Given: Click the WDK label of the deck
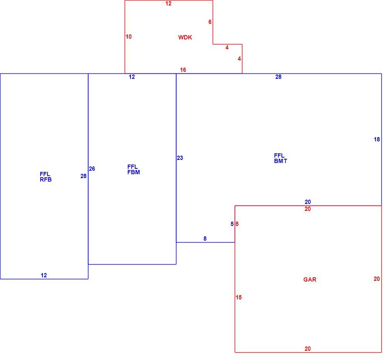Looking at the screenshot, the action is pos(185,37).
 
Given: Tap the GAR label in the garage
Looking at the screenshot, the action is pos(310,279).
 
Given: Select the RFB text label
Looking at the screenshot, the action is pos(46,180).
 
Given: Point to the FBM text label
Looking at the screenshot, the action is pos(134,172).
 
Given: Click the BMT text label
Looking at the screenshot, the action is pos(280,161).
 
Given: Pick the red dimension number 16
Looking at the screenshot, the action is pos(183,70).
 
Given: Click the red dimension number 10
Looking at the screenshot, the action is pos(129,37).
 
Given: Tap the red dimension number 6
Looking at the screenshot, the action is pos(210,22).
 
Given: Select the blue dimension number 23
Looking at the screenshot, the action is pos(180,158).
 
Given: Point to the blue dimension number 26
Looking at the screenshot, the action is pos(92,169).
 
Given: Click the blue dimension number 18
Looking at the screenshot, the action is pos(377,139).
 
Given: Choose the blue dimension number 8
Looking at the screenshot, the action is pos(205,239).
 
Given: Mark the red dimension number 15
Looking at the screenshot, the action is pos(239,297).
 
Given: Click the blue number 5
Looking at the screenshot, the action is pos(232,224).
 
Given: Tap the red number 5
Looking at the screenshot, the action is pos(237,224).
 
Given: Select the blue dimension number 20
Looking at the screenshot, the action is pos(308,202).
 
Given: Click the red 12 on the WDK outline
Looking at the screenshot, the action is pos(168,3).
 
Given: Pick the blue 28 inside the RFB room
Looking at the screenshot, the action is pos(83,176).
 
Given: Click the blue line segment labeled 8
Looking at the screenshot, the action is pos(206,242).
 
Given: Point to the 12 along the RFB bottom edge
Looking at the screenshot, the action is pos(44,275).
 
